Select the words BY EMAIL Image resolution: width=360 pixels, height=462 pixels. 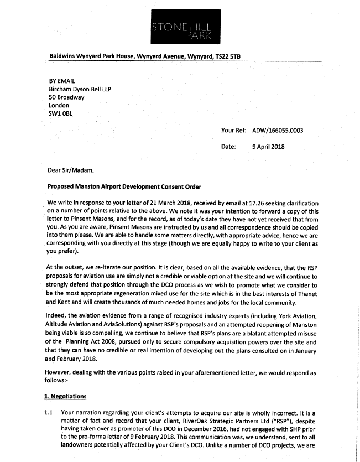[62, 80]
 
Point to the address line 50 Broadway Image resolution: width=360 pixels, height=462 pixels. [66, 97]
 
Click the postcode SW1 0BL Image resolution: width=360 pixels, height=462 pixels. [61, 113]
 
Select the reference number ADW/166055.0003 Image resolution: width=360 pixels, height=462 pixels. [278, 131]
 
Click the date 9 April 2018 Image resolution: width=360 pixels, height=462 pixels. [268, 147]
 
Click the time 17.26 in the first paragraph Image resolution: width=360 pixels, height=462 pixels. [232, 203]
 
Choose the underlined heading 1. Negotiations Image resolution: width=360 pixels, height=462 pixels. [66, 397]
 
